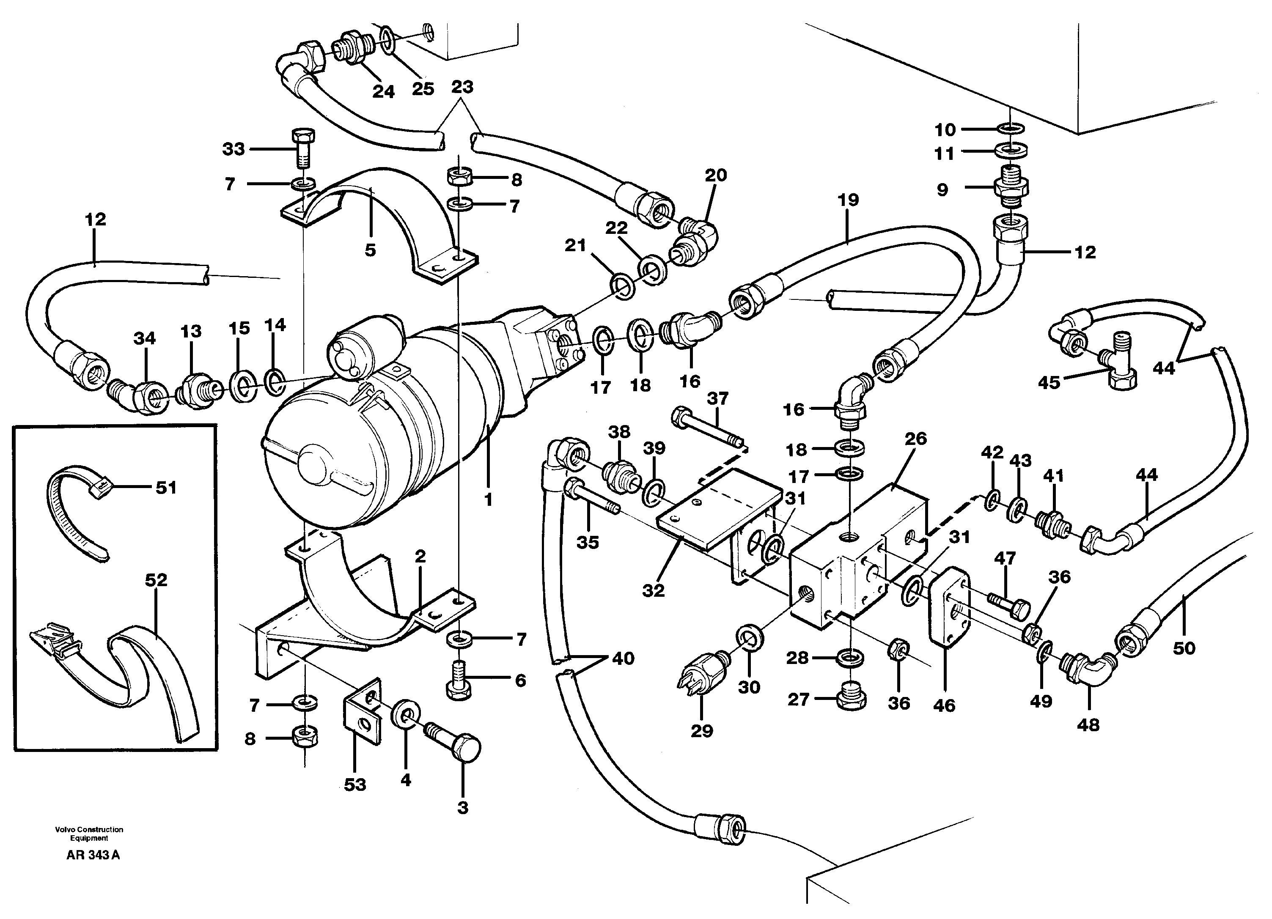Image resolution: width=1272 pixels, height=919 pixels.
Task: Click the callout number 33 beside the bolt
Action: pos(234,149)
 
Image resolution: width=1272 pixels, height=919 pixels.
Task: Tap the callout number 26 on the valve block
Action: pos(915,439)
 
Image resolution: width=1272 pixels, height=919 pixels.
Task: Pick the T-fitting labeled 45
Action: pos(1116,365)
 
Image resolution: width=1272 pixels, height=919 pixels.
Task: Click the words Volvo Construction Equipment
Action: pos(89,834)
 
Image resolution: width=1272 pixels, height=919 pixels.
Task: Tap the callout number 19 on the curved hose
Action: pos(848,200)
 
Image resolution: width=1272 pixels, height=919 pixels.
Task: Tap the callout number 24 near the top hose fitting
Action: pos(383,91)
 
